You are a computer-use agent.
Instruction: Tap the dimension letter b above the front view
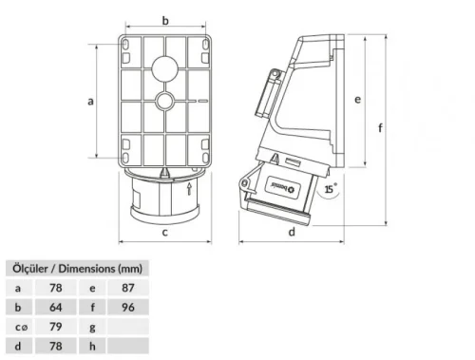164,20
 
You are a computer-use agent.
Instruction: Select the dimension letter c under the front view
164,231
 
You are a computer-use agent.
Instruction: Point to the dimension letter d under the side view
291,231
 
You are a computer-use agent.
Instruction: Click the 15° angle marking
331,190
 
